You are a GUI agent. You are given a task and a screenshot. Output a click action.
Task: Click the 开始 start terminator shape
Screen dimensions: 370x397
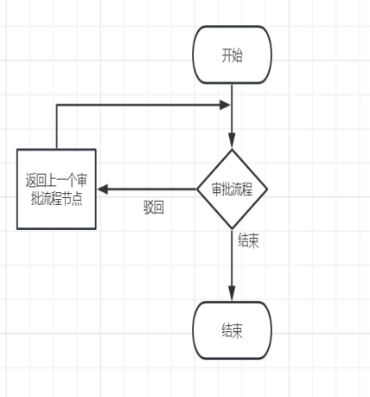coord(232,54)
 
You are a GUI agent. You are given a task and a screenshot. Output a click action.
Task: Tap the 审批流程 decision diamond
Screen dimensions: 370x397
coord(232,189)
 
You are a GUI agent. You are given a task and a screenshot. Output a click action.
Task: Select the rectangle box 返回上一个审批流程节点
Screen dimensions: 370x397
coord(56,189)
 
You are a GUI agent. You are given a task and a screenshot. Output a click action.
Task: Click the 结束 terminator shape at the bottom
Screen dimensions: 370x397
coord(232,330)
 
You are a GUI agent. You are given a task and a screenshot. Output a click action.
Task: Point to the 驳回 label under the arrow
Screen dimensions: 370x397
coord(154,208)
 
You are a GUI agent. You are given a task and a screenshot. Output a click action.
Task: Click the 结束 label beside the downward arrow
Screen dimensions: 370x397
coord(248,240)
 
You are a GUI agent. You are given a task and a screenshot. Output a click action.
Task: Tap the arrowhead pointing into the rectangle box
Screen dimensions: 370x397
coord(103,189)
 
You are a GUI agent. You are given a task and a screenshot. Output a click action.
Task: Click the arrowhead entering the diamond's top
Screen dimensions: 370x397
coord(232,140)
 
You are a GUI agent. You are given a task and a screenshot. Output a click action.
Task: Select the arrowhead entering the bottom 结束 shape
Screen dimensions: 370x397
coord(232,293)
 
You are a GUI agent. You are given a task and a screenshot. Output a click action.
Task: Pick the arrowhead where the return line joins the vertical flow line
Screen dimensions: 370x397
coord(225,105)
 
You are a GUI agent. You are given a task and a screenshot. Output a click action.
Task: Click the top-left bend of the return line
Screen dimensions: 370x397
coord(57,105)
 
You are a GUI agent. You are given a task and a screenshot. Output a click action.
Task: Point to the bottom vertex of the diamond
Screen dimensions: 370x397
coord(232,229)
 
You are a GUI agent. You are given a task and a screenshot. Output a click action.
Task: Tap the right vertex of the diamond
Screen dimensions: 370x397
coord(267,189)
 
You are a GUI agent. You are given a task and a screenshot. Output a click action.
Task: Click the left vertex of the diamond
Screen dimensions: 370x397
coord(197,189)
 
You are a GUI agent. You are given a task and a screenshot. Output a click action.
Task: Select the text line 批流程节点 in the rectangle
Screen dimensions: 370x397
coord(56,199)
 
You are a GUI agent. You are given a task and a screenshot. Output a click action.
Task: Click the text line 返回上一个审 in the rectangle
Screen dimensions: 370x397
coord(56,180)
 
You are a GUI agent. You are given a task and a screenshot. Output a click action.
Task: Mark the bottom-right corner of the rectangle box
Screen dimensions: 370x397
coord(96,229)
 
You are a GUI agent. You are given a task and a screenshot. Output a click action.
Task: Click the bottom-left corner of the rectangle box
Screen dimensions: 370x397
coord(17,229)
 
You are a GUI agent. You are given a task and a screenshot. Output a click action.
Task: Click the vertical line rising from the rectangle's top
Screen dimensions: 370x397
coord(57,127)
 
